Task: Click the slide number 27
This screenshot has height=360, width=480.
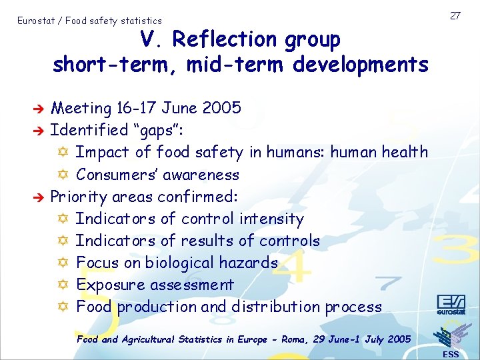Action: coord(456,15)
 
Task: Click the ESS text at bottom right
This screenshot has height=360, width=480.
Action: coord(451,354)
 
